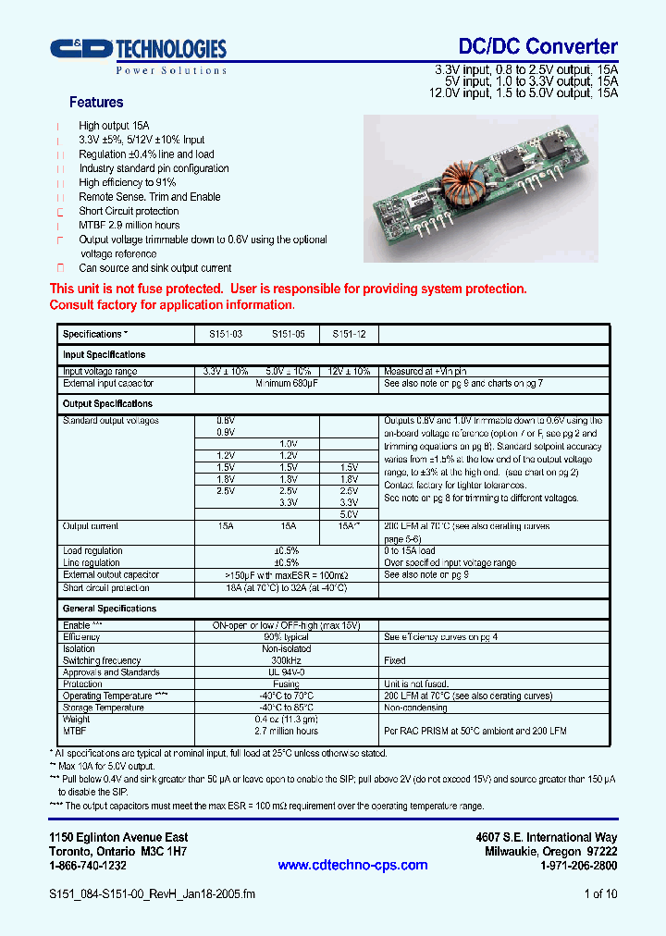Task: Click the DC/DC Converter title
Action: coord(538,46)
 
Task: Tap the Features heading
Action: coord(96,103)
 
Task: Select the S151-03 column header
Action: coord(223,334)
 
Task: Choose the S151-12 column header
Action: coord(349,334)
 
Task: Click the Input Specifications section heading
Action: coord(104,355)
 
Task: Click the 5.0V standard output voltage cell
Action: coord(349,514)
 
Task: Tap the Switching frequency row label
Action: coord(102,660)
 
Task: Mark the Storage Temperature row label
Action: coord(104,708)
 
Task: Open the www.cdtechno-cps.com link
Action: coord(352,866)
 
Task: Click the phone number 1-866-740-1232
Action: coord(88,866)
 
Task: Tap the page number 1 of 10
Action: coord(601,894)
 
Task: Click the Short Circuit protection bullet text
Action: coord(129,211)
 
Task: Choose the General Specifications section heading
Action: coord(109,609)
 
